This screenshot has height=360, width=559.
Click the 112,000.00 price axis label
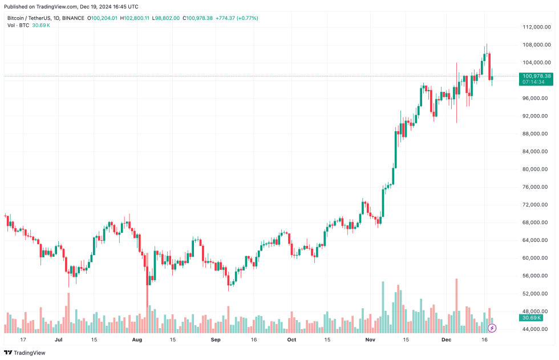(536, 27)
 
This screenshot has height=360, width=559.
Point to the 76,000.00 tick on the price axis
(536, 187)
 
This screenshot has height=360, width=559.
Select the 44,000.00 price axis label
(536, 329)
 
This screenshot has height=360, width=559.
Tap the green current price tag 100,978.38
(536, 76)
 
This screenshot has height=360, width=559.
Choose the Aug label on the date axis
(137, 339)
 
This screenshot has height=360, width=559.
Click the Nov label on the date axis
(370, 339)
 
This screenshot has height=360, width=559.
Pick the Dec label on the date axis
(448, 339)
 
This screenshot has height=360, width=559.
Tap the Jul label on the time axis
(58, 339)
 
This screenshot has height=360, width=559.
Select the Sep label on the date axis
(215, 339)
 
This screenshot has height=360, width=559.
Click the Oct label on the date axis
(291, 339)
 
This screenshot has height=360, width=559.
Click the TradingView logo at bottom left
(28, 352)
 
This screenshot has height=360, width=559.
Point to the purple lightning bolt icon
(492, 328)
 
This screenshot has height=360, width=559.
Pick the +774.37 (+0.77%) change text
(237, 18)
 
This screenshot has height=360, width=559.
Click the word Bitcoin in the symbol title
(17, 18)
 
